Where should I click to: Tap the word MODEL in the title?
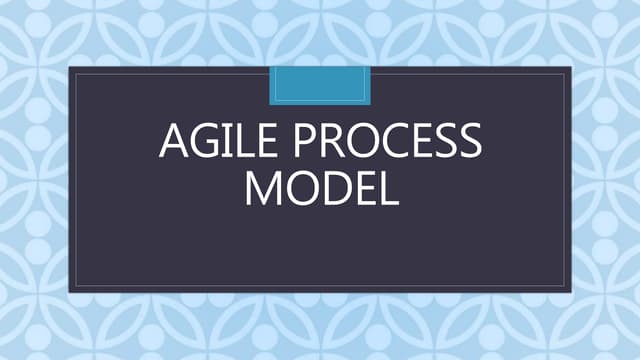(321, 189)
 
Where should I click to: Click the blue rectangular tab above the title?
(320, 85)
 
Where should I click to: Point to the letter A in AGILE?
(175, 144)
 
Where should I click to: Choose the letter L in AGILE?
(243, 144)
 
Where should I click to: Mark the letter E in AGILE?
(266, 144)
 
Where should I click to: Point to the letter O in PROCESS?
(362, 144)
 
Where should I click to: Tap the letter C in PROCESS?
(394, 144)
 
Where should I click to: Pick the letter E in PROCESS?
(421, 144)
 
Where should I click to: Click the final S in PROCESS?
(469, 144)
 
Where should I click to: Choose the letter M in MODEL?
(263, 189)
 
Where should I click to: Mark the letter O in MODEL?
(300, 189)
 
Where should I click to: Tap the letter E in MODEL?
(363, 189)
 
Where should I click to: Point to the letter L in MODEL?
(387, 189)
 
